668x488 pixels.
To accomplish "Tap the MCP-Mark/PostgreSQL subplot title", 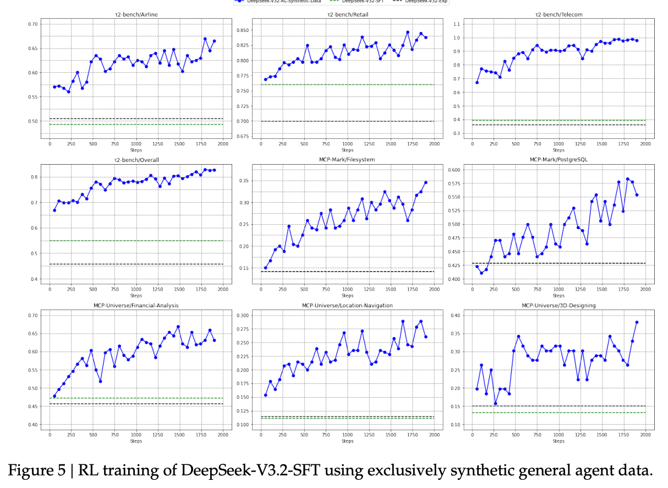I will coord(559,160).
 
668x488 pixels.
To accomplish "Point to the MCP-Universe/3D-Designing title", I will coord(559,305).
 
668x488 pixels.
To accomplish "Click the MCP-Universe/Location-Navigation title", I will coord(347,305).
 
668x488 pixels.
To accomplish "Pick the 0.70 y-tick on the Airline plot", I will coord(33,24).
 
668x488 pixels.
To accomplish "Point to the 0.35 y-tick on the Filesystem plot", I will coord(244,181).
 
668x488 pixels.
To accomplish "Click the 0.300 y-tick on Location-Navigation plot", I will coord(243,315).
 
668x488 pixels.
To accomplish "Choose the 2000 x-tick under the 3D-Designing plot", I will coord(645,435).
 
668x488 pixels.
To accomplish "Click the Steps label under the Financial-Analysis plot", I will coord(136,441).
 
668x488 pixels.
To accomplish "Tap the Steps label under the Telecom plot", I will coord(559,150).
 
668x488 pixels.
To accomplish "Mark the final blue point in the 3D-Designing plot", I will coord(637,322).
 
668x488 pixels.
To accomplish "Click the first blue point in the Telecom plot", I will coord(477,83).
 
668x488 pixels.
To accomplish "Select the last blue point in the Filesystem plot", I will coord(425,182).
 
